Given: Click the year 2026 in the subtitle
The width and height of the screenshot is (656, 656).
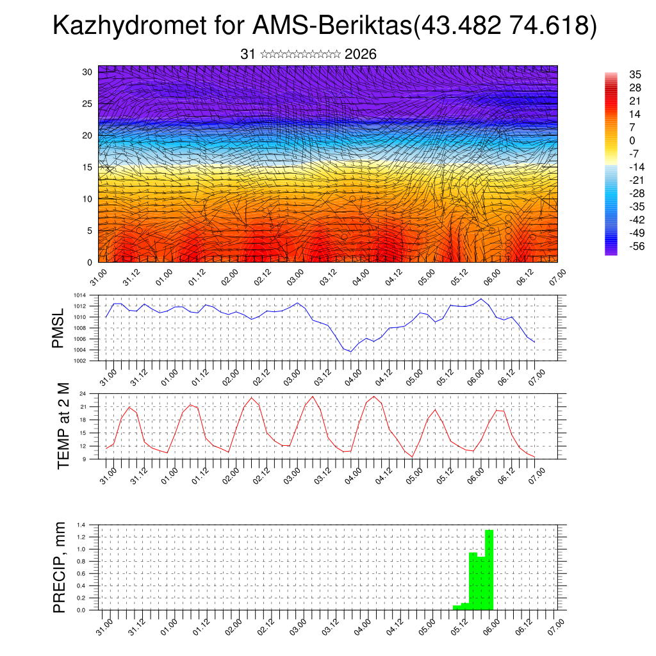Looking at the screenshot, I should (360, 54).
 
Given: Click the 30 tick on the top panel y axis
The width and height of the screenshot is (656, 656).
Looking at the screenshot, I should (88, 72).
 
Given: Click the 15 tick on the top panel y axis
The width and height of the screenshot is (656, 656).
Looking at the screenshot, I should (88, 167).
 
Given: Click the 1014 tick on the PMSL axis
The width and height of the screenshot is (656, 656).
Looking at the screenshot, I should (79, 295).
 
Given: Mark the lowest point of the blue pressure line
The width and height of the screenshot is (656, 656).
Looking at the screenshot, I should (350, 352).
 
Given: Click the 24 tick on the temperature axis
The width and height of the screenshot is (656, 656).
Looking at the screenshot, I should (83, 393).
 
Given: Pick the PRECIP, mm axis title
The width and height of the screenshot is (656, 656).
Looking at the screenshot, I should (59, 566).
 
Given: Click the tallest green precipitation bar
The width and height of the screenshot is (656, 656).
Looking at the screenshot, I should (489, 570).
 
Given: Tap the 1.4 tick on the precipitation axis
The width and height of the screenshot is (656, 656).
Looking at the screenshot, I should (81, 525).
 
